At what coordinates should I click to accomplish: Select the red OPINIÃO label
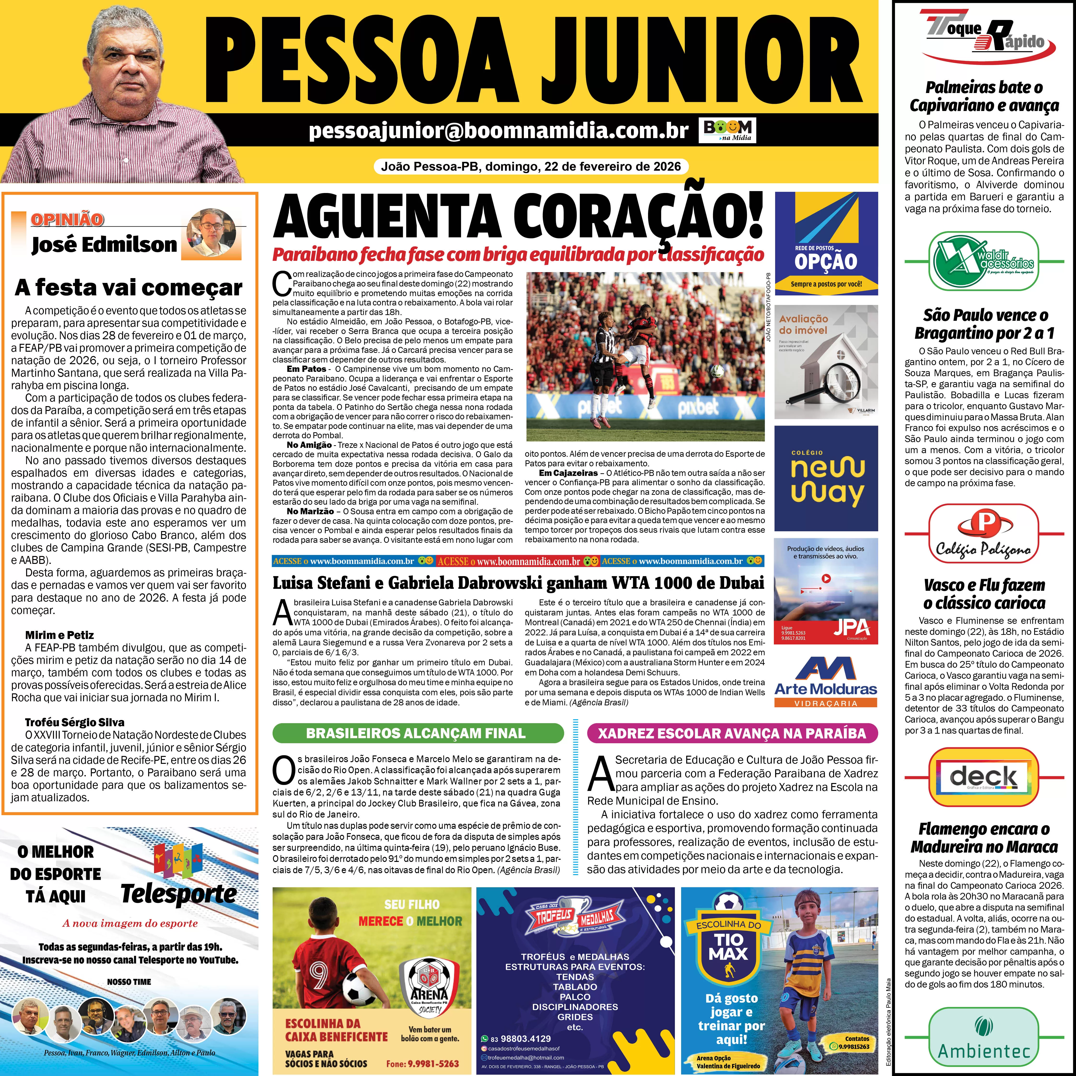coord(67,219)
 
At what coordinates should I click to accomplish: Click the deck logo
coord(984,776)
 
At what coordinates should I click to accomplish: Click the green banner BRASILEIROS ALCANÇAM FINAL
coord(418,733)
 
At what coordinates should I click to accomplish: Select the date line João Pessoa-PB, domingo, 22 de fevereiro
coord(530,166)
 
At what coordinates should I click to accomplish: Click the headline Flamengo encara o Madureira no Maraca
coord(984,838)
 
